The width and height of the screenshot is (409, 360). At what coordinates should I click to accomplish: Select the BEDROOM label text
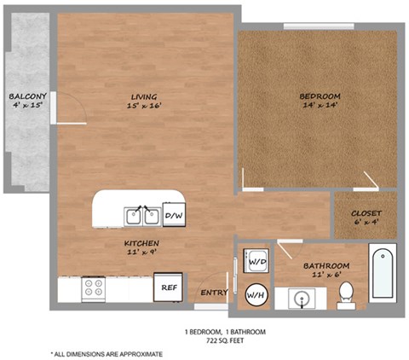point(320,96)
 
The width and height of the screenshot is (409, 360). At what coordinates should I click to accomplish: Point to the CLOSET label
point(366,213)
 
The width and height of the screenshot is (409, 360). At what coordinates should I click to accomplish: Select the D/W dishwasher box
point(174,215)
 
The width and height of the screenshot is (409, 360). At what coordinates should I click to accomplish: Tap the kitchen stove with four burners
point(93,289)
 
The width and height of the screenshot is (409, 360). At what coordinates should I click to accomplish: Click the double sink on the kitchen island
point(141,215)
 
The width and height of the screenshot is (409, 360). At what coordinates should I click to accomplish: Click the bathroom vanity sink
point(302,298)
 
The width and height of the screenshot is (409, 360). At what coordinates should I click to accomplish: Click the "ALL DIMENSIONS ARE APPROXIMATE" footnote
point(107,352)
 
